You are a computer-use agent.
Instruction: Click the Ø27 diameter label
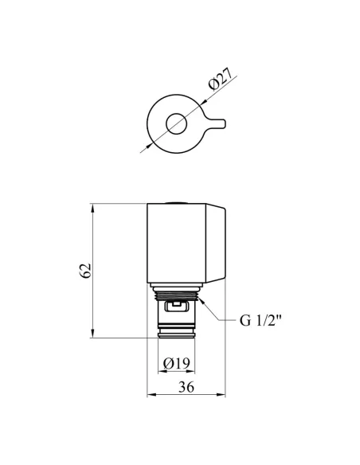221,79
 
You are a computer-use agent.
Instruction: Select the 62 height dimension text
85,271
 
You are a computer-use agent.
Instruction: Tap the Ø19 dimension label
177,363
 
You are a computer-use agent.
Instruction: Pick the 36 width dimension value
186,387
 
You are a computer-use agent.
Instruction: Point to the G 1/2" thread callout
260,321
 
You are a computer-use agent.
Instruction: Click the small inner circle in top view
176,123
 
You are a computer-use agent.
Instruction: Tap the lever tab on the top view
217,123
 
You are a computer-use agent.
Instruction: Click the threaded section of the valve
177,295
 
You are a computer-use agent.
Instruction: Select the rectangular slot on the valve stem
177,306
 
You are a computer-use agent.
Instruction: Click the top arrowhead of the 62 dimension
93,208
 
